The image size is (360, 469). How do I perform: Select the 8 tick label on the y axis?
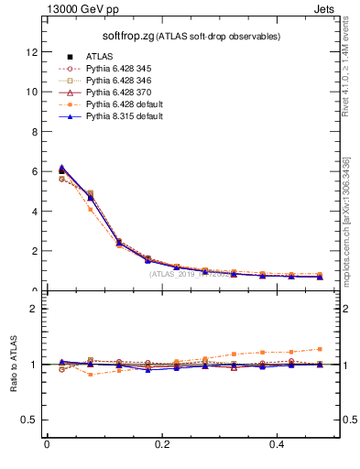(34, 132)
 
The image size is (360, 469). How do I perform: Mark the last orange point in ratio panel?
(320, 349)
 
